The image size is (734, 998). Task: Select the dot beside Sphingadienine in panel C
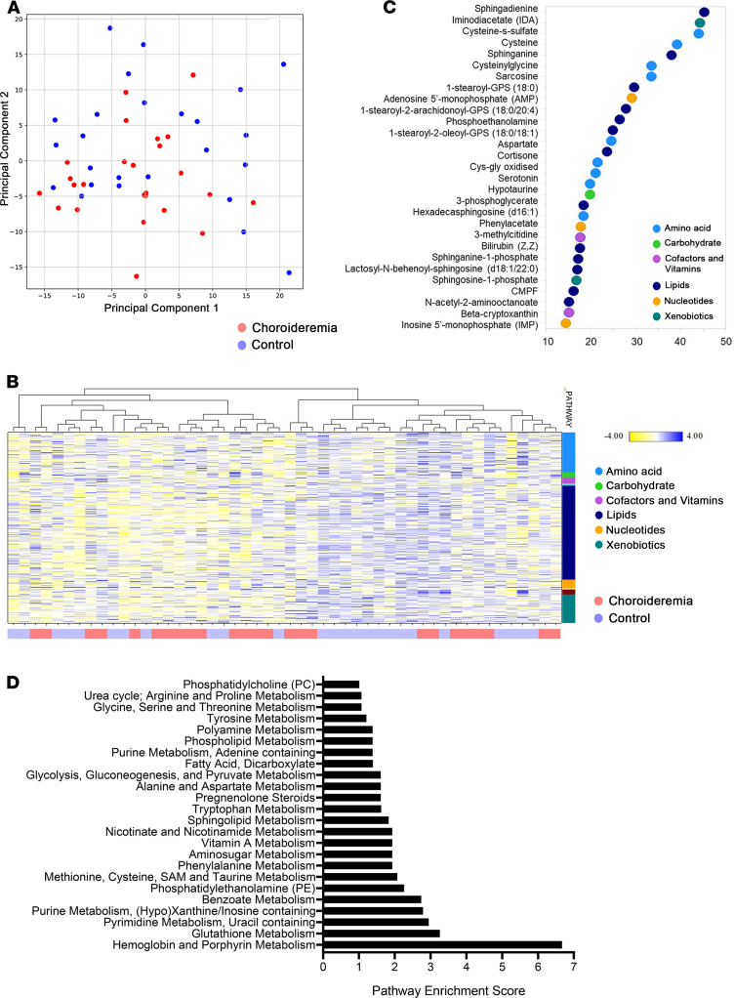coord(704,11)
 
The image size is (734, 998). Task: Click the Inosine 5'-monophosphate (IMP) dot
coord(565,322)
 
